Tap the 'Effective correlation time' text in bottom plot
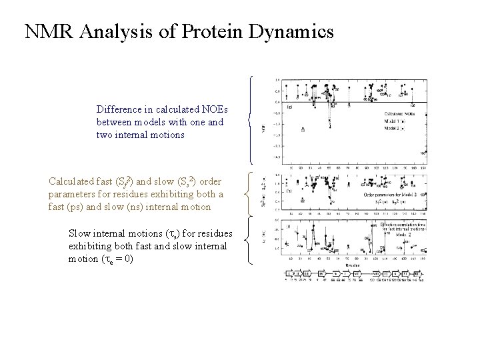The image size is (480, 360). pyautogui.click(x=403, y=225)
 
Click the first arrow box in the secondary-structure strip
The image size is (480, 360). pyautogui.click(x=289, y=273)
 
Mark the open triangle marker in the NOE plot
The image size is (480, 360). pyautogui.click(x=304, y=129)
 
